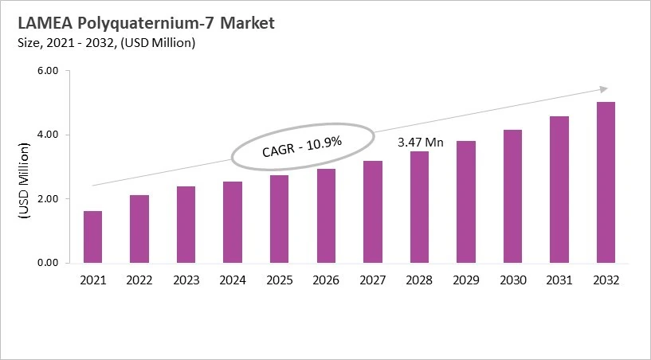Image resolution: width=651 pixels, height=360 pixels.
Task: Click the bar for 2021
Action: pos(92,237)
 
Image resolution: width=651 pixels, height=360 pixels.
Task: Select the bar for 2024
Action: pos(233,222)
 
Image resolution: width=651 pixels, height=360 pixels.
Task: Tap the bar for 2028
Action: pos(419,207)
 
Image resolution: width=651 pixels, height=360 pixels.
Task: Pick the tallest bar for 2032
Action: pos(606,182)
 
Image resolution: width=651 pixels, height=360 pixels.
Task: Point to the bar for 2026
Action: pos(326,216)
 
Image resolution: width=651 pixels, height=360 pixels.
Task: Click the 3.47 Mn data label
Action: pos(420,143)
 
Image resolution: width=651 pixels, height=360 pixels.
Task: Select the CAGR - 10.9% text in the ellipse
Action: pos(302,147)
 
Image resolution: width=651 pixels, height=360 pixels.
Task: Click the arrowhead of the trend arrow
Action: pos(604,88)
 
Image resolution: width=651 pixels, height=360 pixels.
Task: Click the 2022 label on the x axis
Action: pos(139,280)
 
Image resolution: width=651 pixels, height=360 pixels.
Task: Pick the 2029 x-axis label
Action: pos(466,280)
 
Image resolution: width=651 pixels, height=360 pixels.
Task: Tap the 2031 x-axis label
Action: pos(559,280)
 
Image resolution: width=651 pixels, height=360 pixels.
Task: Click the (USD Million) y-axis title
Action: pos(24,183)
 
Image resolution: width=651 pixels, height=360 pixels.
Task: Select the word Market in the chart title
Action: pos(248,23)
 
